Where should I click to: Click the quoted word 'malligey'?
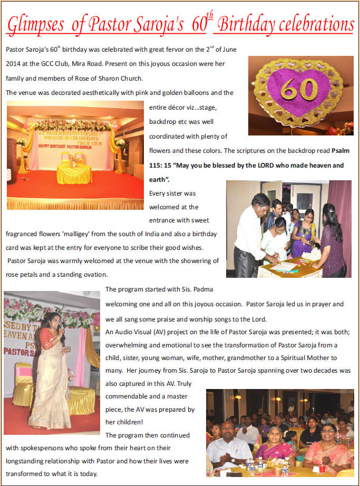(85, 233)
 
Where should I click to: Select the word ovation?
(95, 275)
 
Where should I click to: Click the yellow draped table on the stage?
(74, 174)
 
